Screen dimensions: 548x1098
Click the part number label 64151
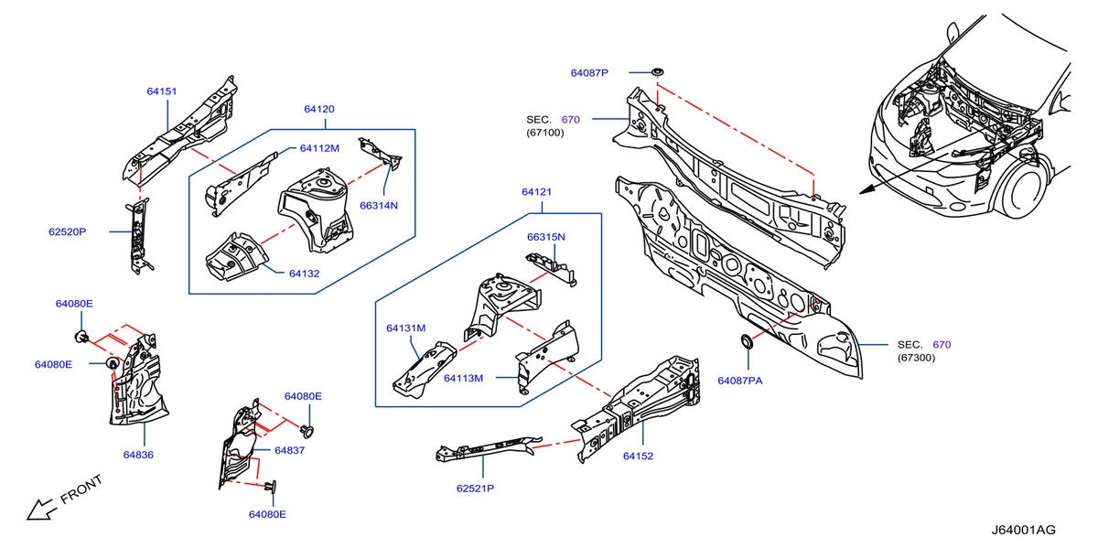tap(161, 91)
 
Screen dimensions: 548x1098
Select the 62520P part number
tap(68, 232)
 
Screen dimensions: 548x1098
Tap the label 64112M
tap(319, 148)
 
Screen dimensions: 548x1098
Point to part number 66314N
tap(378, 206)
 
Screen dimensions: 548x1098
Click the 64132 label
tap(305, 273)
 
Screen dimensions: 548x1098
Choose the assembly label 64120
tap(319, 109)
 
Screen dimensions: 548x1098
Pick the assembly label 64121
tap(537, 192)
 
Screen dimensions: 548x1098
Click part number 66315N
tap(545, 237)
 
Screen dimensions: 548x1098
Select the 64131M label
tap(405, 328)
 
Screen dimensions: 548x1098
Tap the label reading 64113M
tap(464, 377)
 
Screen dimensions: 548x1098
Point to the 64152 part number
tap(638, 456)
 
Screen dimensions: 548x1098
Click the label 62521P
tap(475, 489)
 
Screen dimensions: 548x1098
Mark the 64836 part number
tap(138, 454)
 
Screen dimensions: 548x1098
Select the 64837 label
tap(289, 450)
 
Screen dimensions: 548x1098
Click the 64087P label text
tap(589, 72)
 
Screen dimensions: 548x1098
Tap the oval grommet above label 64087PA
tap(747, 343)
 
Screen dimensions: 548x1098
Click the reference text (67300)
tap(917, 360)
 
